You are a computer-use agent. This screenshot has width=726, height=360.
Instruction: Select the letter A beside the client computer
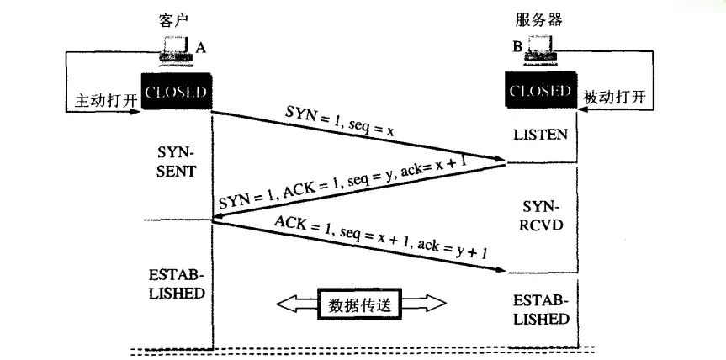[201, 48]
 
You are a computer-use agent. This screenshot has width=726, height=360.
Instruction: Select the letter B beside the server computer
[517, 48]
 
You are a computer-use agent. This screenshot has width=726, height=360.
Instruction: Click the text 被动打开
[614, 98]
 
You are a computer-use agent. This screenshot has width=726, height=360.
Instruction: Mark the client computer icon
[176, 50]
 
